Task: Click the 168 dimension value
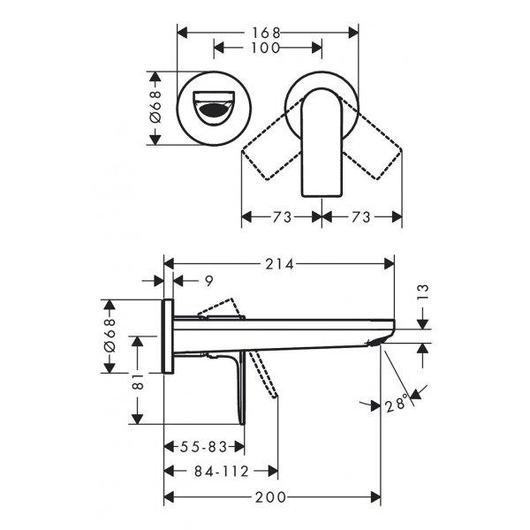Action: point(266,33)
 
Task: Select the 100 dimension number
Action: point(266,48)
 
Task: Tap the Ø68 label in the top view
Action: point(155,107)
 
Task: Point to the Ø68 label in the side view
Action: point(110,336)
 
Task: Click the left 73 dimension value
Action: point(283,217)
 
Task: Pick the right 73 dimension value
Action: point(361,217)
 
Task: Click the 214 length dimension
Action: point(279,264)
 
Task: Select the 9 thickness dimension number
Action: point(209,281)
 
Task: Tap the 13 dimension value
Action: point(423,292)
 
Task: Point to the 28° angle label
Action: point(396,405)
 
